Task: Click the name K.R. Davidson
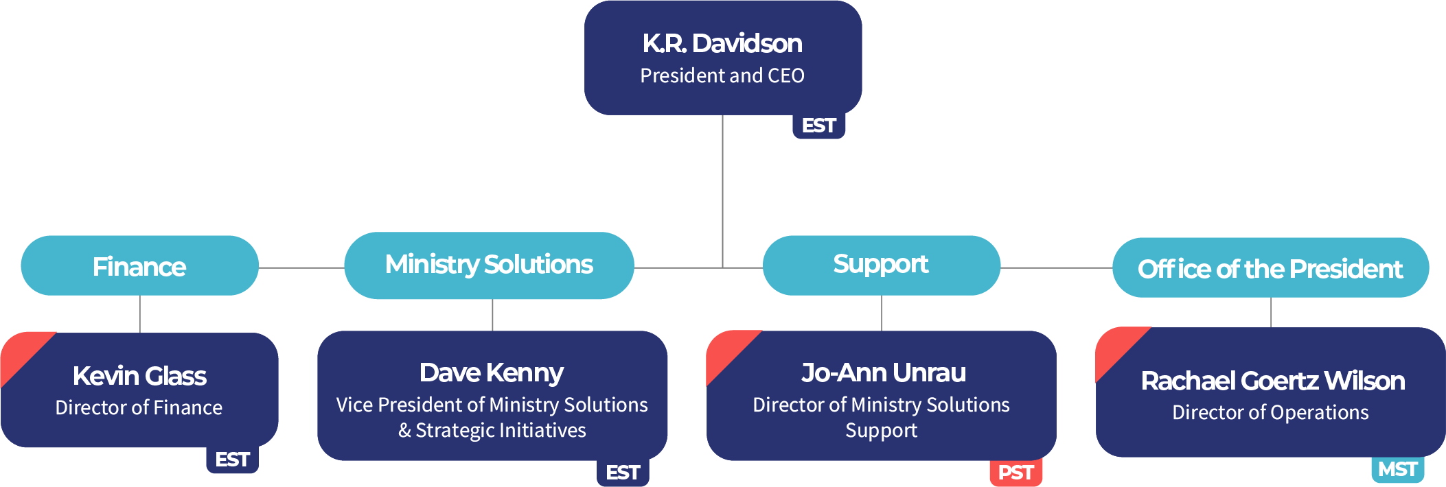(722, 43)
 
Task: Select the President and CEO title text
(722, 75)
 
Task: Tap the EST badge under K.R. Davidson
(818, 126)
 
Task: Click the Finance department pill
(140, 266)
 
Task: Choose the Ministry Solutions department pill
(489, 265)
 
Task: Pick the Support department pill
(882, 265)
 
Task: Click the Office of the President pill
(1270, 268)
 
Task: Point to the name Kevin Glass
(139, 376)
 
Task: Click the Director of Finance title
(139, 407)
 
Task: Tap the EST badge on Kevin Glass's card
(232, 460)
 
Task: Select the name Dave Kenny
(492, 373)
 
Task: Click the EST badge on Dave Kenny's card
(623, 473)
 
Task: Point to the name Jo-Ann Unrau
(884, 372)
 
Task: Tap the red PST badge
(1015, 473)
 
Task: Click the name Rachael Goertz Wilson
(1273, 381)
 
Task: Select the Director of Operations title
(1270, 412)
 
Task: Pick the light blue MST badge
(1398, 469)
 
